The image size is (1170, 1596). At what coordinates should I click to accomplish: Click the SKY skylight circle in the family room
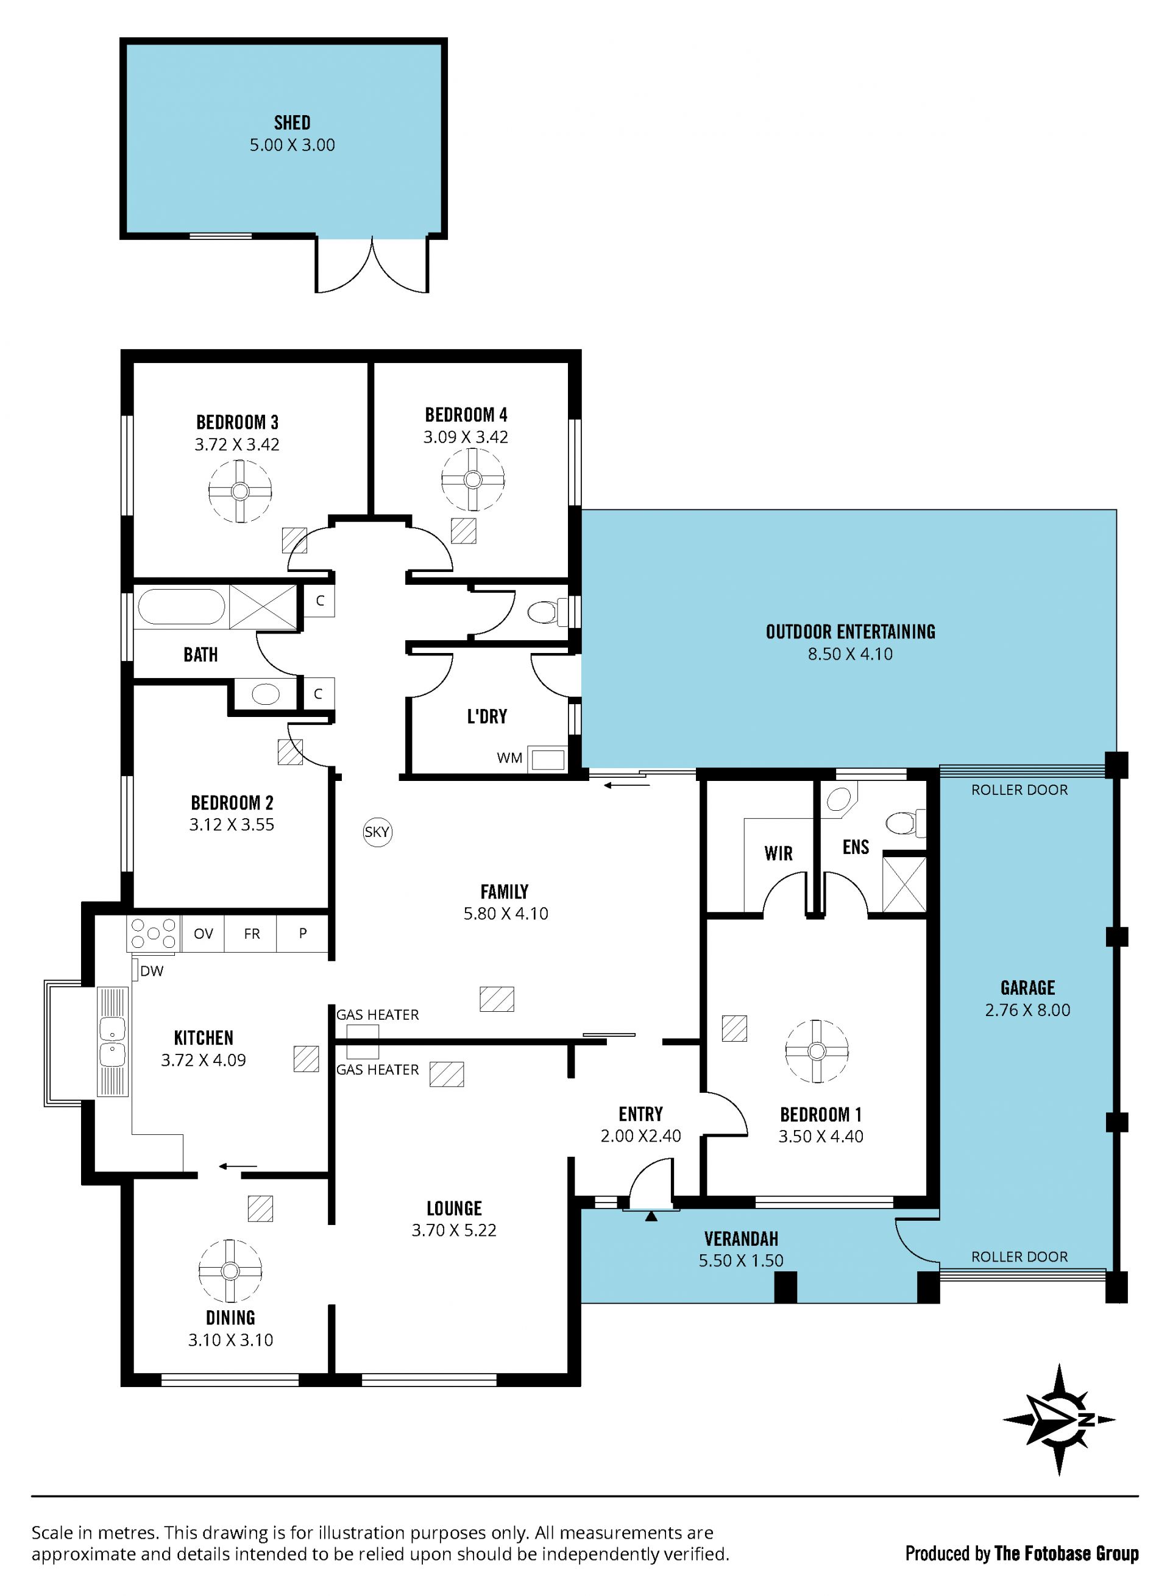[377, 832]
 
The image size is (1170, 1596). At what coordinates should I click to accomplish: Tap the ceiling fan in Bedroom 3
[240, 492]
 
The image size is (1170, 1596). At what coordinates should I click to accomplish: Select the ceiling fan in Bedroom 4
[473, 479]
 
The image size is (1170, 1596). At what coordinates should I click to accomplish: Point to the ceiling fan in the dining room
[230, 1271]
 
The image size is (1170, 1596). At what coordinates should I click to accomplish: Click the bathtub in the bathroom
[182, 607]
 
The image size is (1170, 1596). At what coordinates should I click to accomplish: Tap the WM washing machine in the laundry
[549, 759]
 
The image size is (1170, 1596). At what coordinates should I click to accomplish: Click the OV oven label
[204, 934]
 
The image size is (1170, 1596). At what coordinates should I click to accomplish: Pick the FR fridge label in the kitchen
[252, 934]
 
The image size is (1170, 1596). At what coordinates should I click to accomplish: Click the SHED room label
[292, 122]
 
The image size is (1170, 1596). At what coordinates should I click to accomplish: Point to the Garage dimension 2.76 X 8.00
[1027, 1010]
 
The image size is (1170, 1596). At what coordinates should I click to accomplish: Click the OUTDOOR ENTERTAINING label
[851, 632]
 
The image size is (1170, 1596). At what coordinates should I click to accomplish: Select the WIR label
[778, 853]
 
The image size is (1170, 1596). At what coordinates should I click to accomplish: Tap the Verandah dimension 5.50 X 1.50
[741, 1260]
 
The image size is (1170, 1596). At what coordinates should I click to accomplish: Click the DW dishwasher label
[152, 971]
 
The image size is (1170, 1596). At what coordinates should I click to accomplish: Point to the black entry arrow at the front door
[651, 1216]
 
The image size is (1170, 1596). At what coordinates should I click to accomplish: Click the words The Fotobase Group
[1066, 1553]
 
